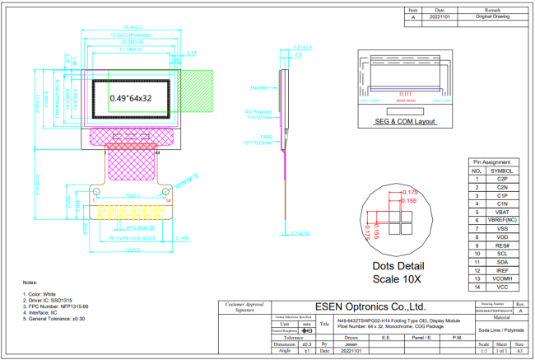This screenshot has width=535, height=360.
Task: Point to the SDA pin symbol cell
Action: pos(502,261)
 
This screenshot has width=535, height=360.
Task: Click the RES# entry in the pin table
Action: pos(502,246)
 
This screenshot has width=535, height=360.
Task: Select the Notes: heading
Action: pos(30,282)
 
